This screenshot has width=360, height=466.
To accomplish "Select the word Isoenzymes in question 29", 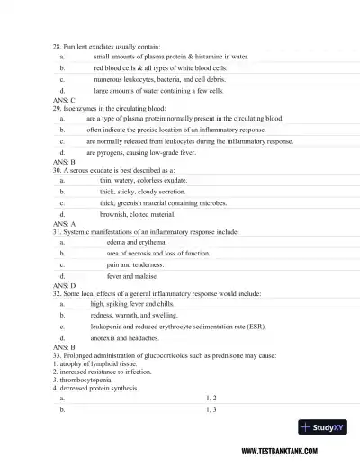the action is coord(81,107).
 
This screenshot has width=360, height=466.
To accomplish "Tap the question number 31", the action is coord(58,231).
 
